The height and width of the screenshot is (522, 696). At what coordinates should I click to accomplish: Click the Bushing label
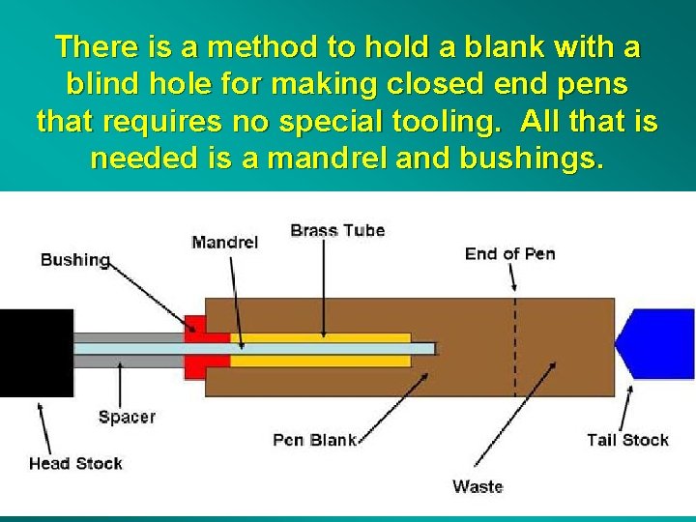coord(74,259)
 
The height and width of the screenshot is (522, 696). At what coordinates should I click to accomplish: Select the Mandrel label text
coord(224,242)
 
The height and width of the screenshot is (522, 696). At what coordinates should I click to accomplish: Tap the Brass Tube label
coord(337,230)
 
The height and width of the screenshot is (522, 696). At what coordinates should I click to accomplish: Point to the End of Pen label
coord(509,253)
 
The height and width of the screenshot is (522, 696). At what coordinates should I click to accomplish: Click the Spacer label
coord(127,417)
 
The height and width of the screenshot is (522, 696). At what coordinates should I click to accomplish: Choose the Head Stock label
coord(75,463)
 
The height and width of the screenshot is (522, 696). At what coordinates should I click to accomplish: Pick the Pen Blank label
coord(314,440)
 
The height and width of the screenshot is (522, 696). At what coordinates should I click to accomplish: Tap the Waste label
coord(478,486)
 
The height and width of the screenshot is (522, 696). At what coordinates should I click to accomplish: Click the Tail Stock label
coord(627,440)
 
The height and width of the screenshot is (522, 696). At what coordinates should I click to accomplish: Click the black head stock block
coord(36,353)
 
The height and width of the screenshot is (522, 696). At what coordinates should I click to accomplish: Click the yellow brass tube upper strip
coord(319,337)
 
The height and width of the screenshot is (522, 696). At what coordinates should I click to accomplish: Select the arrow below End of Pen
coord(512,277)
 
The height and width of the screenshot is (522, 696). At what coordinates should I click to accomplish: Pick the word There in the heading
coord(96,46)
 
